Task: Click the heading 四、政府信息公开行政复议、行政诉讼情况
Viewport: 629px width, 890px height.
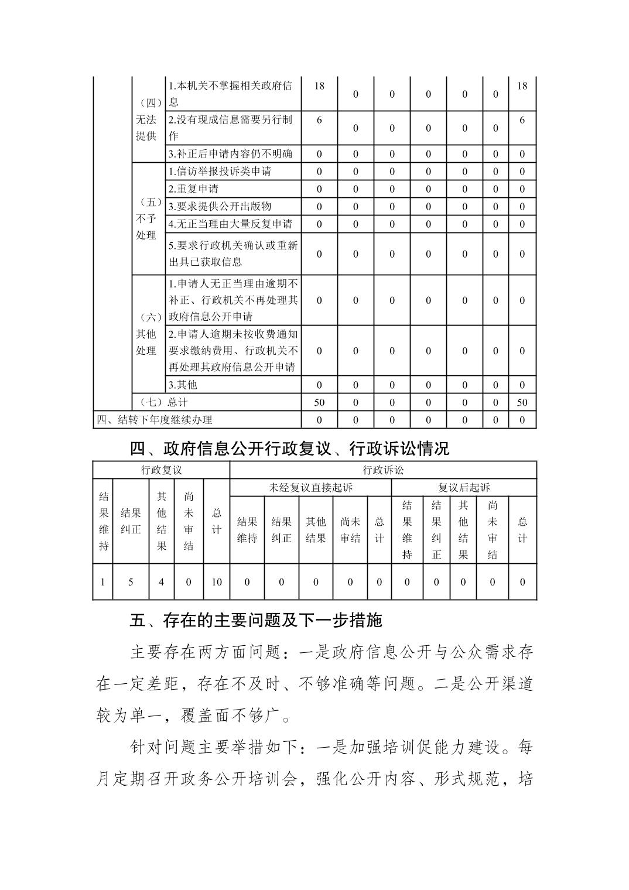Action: [x=289, y=449]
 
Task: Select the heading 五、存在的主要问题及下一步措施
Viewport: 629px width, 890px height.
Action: [x=256, y=621]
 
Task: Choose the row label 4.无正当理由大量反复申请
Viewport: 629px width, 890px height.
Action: [x=231, y=224]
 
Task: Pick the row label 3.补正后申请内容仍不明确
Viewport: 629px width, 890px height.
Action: [x=231, y=154]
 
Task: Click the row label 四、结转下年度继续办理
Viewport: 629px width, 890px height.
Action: [x=155, y=420]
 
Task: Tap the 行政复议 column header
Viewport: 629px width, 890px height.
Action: [x=162, y=470]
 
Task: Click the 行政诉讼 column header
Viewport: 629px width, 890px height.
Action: [x=383, y=470]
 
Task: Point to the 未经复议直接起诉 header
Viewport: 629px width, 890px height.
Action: [x=310, y=488]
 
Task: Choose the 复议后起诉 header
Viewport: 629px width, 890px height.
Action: [x=464, y=488]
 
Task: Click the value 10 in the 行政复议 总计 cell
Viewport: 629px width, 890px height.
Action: [x=217, y=582]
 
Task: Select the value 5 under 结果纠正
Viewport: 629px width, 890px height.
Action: [x=131, y=582]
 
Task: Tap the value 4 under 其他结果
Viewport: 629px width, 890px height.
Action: [x=162, y=582]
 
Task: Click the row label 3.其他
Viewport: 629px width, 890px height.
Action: [x=183, y=385]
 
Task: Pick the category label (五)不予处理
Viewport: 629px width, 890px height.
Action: [x=146, y=219]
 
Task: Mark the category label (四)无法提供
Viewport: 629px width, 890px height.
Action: [x=146, y=120]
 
